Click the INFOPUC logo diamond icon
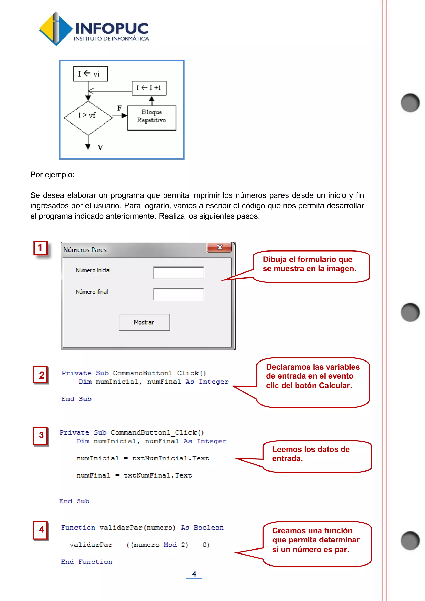55,29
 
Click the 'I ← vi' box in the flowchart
90,74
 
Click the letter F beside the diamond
119,108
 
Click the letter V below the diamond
100,147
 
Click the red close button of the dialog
219,247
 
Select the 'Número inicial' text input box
178,273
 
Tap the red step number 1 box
40,248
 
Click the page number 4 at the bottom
194,574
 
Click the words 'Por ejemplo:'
52,175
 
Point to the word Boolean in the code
209,528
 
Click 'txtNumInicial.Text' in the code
170,458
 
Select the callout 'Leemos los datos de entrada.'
317,456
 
